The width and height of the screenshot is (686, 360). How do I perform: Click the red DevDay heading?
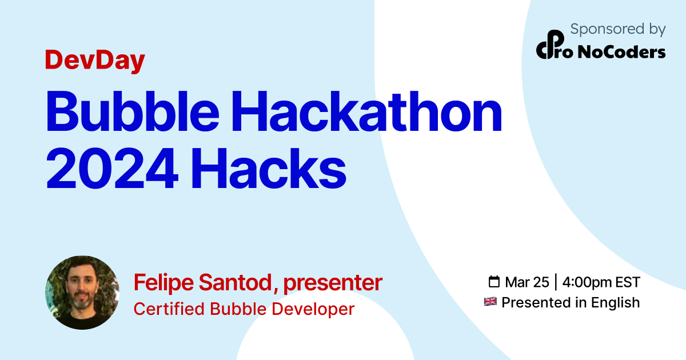[x=95, y=61]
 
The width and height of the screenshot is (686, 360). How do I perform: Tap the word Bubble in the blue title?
[x=133, y=111]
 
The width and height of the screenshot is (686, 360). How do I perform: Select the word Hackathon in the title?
[x=366, y=111]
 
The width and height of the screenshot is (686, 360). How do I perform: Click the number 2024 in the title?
[x=112, y=168]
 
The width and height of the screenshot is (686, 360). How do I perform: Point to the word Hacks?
[x=269, y=168]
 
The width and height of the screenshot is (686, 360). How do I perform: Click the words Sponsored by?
[x=618, y=30]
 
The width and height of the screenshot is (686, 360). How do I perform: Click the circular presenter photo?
[x=82, y=293]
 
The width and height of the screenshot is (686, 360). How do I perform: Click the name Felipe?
[x=163, y=283]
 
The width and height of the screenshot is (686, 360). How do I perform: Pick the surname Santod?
[x=235, y=282]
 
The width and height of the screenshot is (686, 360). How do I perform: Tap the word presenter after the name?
[x=333, y=283]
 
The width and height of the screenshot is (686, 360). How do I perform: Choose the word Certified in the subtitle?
[x=169, y=309]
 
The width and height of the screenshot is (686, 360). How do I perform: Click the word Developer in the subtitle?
[x=313, y=309]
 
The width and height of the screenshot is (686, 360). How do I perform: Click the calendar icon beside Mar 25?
[x=494, y=282]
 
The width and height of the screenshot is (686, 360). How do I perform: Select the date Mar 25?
[x=527, y=282]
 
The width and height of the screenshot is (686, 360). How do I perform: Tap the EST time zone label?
[x=628, y=282]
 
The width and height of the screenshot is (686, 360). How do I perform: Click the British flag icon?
[x=490, y=302]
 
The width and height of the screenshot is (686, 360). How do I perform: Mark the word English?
[x=616, y=303]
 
